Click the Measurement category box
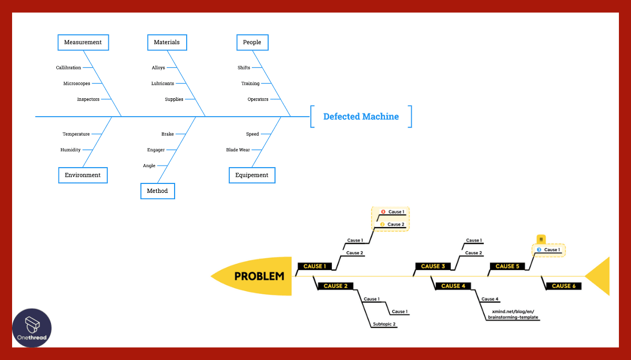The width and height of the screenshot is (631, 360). [83, 43]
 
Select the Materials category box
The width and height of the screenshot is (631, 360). [167, 43]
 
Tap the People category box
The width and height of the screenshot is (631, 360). [252, 43]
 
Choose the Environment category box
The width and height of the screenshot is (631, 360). [83, 175]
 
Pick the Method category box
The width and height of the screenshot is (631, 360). [157, 191]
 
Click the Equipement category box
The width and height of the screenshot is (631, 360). [252, 175]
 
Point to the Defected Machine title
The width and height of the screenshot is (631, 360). [361, 117]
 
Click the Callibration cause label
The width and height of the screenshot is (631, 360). [68, 68]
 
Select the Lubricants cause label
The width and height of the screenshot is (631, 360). [162, 84]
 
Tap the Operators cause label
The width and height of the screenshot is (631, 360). [258, 99]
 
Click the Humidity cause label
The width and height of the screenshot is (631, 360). [70, 150]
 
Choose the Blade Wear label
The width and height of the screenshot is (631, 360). [238, 150]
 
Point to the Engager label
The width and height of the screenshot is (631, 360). [156, 150]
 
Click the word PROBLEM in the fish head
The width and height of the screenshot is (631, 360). [259, 276]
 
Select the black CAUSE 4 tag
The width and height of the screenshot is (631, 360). [453, 286]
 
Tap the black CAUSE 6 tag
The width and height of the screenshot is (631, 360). [564, 286]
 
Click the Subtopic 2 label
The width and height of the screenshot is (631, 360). [384, 324]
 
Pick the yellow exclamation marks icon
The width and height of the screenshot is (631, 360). [541, 239]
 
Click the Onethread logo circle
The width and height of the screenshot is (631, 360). [32, 327]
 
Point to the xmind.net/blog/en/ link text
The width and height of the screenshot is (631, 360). [513, 311]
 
